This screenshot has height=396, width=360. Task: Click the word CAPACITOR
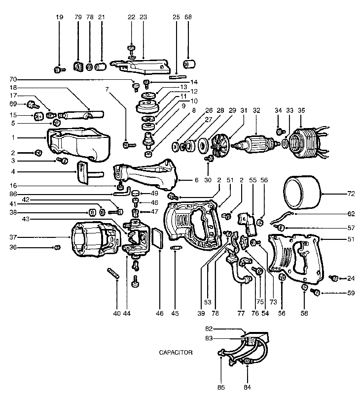176,353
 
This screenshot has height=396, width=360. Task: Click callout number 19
59,17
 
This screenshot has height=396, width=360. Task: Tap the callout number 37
13,237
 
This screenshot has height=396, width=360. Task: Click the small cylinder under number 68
188,66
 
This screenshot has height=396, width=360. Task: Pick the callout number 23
143,17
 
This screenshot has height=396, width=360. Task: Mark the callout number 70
13,79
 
